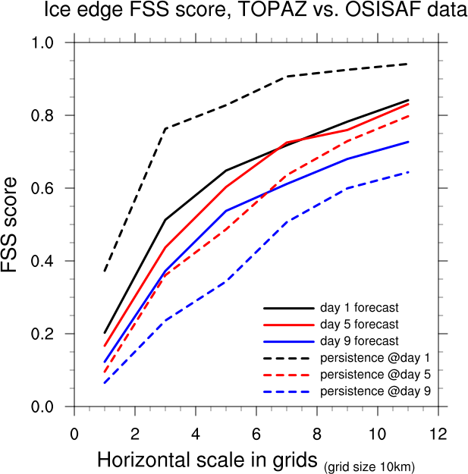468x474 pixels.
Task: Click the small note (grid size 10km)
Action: pyautogui.click(x=370, y=465)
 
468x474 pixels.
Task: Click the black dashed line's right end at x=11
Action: pyautogui.click(x=408, y=64)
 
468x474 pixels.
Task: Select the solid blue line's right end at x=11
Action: pyautogui.click(x=408, y=142)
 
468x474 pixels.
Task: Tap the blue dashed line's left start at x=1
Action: pyautogui.click(x=105, y=383)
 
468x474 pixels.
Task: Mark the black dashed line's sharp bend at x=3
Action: pyautogui.click(x=165, y=129)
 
